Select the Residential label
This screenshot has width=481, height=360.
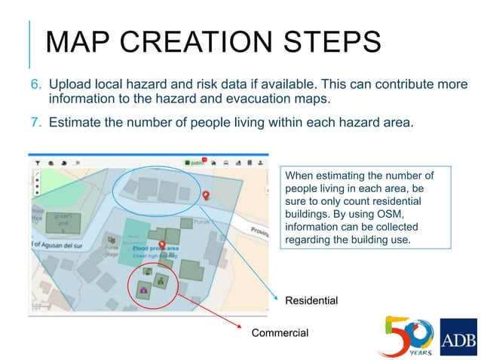pos(311,301)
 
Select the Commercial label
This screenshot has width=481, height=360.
pos(280,333)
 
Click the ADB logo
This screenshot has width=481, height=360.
pos(458,337)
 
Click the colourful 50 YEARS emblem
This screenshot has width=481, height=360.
pos(407,335)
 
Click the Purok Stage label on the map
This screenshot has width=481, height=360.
pos(111,252)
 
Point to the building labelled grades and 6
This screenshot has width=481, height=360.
pos(63,224)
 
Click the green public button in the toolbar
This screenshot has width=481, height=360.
pos(197,162)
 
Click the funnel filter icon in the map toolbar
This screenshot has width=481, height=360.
pos(35,162)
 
